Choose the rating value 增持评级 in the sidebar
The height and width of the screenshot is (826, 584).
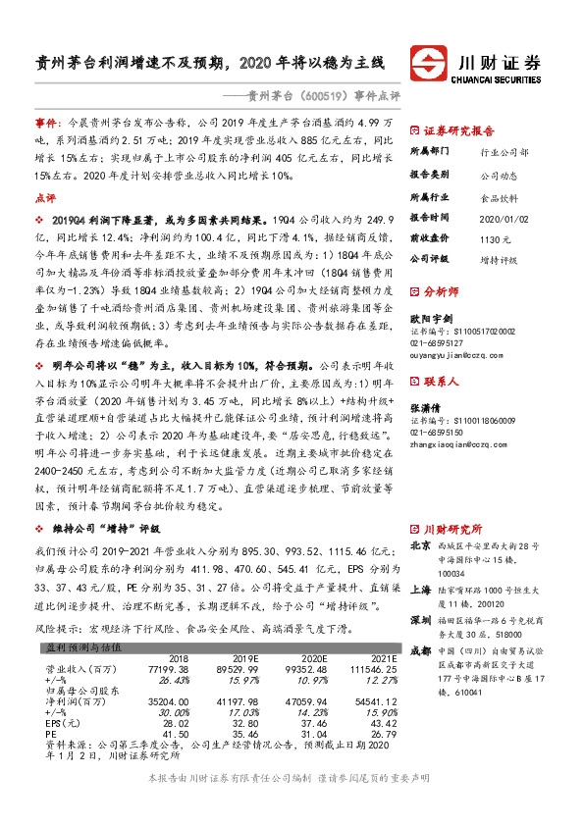coord(500,260)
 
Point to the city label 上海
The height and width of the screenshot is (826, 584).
coord(419,563)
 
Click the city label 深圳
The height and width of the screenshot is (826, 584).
coord(419,593)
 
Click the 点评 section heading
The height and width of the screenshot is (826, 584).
coord(45,197)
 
